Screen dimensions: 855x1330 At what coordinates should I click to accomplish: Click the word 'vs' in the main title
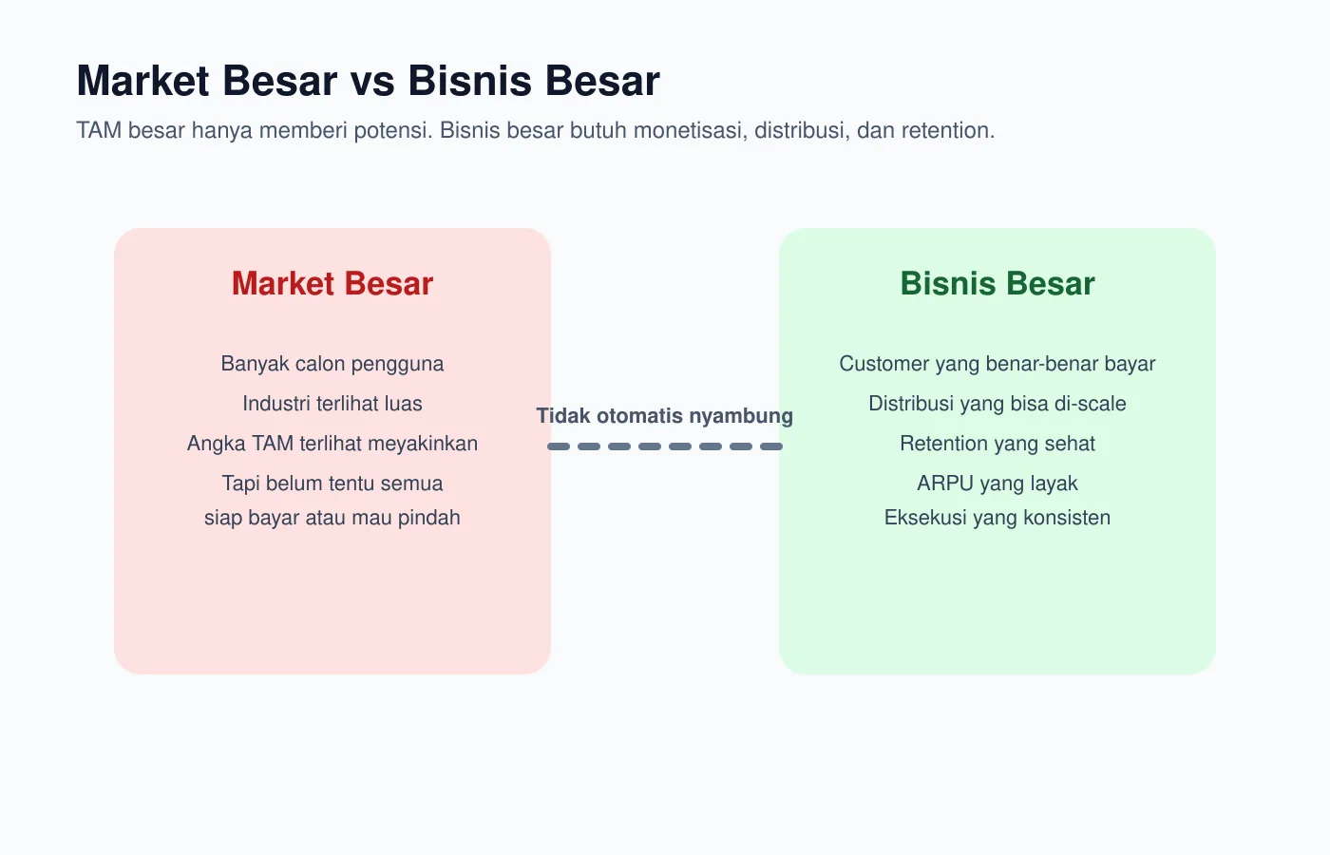(372, 82)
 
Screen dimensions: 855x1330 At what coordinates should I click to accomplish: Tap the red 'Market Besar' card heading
(332, 284)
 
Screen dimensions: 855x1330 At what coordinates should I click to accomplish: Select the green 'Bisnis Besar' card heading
(997, 284)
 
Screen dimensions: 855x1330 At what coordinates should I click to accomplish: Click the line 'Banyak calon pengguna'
(332, 364)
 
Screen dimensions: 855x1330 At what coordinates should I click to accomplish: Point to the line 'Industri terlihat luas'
(332, 404)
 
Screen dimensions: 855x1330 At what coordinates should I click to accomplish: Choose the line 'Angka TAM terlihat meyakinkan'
(332, 444)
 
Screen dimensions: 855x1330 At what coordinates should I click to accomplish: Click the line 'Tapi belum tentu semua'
(332, 484)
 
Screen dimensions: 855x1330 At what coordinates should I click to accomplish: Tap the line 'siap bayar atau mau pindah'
(332, 518)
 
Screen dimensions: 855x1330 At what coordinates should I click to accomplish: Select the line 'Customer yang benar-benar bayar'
(997, 364)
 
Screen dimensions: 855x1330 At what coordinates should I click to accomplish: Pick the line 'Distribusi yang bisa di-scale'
(997, 404)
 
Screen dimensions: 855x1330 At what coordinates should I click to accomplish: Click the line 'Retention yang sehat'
(997, 444)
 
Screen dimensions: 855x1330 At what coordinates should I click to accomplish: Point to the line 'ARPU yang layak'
(997, 484)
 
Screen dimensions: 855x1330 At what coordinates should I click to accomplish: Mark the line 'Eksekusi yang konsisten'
(997, 518)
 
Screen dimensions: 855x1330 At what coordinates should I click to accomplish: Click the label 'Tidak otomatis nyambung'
(665, 416)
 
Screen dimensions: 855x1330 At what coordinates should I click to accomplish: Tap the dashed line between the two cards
(665, 446)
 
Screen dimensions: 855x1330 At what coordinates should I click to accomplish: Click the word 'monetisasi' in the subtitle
(688, 130)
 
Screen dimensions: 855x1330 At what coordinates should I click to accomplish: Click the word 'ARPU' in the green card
(945, 484)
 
